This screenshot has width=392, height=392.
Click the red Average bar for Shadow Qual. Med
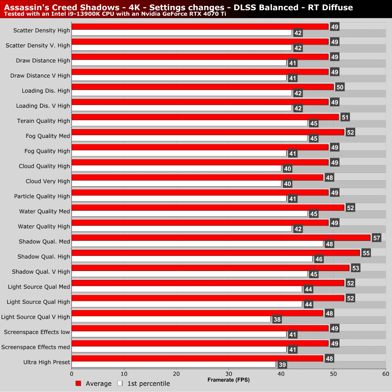pyautogui.click(x=221, y=238)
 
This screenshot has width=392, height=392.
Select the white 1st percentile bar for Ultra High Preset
pyautogui.click(x=174, y=365)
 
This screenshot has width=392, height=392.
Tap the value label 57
pyautogui.click(x=376, y=238)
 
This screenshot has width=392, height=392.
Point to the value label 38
pyautogui.click(x=277, y=319)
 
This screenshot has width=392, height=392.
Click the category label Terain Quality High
pyautogui.click(x=44, y=121)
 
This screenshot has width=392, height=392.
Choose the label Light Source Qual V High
pyautogui.click(x=36, y=317)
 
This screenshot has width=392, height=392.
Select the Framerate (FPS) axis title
pyautogui.click(x=229, y=380)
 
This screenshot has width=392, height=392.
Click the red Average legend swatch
pyautogui.click(x=78, y=383)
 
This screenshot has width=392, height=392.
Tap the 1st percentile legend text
pyautogui.click(x=149, y=383)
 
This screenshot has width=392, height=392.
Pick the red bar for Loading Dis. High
pyautogui.click(x=202, y=87)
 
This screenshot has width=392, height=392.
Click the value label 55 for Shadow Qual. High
pyautogui.click(x=366, y=253)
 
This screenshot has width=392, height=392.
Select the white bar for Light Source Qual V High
pyautogui.click(x=171, y=319)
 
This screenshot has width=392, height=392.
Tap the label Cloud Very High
pyautogui.click(x=48, y=181)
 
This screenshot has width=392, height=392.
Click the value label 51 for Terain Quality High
pyautogui.click(x=345, y=117)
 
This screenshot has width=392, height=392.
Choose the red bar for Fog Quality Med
pyautogui.click(x=208, y=132)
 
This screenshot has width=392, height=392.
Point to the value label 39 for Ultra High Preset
pyautogui.click(x=282, y=365)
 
